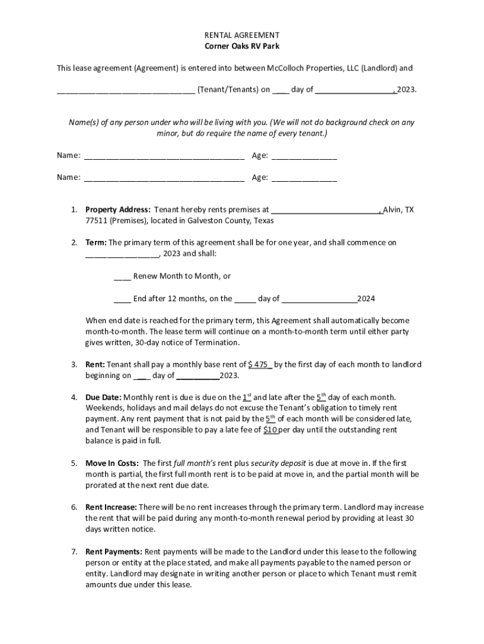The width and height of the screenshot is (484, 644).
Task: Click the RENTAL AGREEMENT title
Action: (x=242, y=35)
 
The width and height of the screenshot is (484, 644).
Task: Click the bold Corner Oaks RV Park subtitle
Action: (x=242, y=47)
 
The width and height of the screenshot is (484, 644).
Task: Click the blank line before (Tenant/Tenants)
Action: (x=126, y=90)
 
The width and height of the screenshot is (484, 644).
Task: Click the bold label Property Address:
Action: (x=118, y=210)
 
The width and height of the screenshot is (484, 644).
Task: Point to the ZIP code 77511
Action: (x=96, y=221)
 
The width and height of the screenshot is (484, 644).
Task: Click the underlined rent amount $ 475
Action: (x=260, y=365)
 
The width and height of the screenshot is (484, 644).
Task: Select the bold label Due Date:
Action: (x=104, y=397)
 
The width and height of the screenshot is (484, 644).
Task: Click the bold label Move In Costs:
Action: (x=112, y=464)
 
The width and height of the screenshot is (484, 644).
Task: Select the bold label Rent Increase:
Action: (x=111, y=508)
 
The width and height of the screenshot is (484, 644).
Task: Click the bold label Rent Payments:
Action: (x=114, y=552)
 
